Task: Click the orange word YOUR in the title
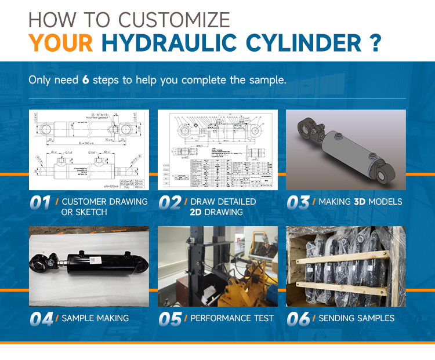(61, 43)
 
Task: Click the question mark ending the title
(375, 43)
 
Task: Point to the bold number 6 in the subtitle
(85, 79)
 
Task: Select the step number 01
(40, 202)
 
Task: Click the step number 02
(170, 202)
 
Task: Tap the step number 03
(298, 202)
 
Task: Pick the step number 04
(41, 318)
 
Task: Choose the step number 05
(170, 318)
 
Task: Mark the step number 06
(298, 318)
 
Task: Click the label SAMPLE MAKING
(95, 318)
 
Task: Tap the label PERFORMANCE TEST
(232, 318)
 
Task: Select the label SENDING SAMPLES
(357, 318)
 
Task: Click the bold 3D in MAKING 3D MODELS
(361, 202)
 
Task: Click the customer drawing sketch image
(89, 150)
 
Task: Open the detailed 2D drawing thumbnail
(217, 150)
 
